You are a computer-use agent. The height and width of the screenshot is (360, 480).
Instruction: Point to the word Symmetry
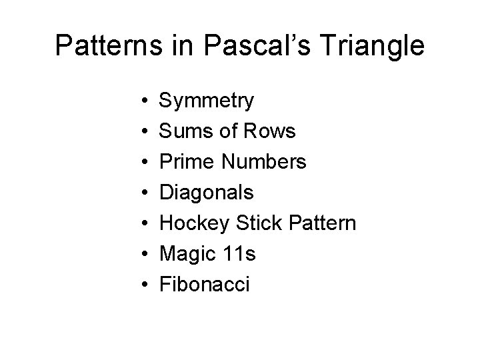pos(206,102)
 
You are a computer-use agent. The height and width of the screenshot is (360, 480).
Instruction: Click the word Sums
pos(184,132)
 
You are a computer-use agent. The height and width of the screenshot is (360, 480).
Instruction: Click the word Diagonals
pos(207,193)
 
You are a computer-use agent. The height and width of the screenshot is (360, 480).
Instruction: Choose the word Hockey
pos(192,224)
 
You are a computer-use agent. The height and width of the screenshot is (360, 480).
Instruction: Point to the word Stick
pos(255,224)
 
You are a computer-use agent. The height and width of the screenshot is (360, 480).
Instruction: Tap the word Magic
pos(186,255)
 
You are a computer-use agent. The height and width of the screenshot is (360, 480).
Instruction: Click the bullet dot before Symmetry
pos(144,102)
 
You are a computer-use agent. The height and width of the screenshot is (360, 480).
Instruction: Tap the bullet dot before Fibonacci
pos(144,285)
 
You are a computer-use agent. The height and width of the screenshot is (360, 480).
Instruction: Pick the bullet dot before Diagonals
pos(144,193)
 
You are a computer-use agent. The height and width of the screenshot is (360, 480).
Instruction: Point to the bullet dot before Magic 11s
pos(144,255)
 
